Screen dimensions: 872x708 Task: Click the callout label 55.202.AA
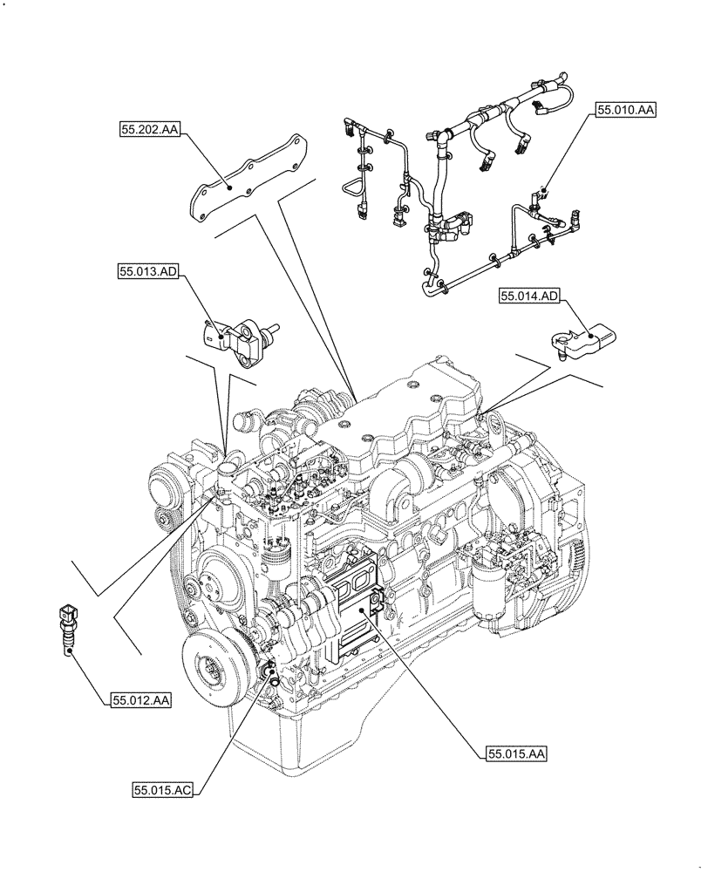(x=150, y=130)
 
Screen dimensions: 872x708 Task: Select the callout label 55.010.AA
(x=625, y=110)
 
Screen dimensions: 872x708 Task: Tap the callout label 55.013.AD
(x=148, y=273)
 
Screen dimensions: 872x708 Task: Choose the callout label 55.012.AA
(x=140, y=700)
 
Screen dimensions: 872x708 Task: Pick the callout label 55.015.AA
(x=516, y=754)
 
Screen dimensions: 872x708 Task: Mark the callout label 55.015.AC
(x=162, y=791)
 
